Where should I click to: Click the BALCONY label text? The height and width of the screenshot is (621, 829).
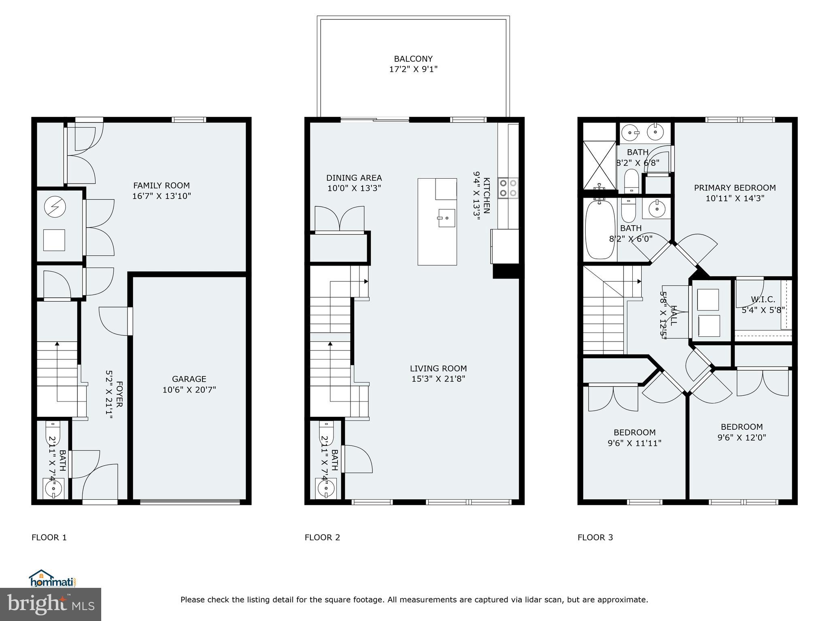pyautogui.click(x=413, y=59)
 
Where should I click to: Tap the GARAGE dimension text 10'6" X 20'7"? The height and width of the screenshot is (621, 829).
pyautogui.click(x=189, y=390)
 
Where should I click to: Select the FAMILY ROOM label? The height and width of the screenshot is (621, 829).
pyautogui.click(x=162, y=186)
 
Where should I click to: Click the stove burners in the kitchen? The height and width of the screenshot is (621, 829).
pyautogui.click(x=508, y=188)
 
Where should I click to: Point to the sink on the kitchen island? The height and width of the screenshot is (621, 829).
pyautogui.click(x=447, y=218)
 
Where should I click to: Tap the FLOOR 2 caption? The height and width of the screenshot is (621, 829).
pyautogui.click(x=322, y=537)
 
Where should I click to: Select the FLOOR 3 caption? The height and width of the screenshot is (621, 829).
pyautogui.click(x=595, y=537)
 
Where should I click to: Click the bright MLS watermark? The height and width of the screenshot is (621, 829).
pyautogui.click(x=50, y=605)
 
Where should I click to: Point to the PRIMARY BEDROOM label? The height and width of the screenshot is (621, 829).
pyautogui.click(x=735, y=188)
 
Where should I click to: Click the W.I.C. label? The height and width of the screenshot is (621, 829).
pyautogui.click(x=763, y=300)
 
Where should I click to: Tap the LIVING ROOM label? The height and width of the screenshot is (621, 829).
pyautogui.click(x=438, y=368)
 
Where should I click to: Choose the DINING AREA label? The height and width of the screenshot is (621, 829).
pyautogui.click(x=354, y=178)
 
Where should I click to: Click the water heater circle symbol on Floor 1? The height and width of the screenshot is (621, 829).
pyautogui.click(x=55, y=208)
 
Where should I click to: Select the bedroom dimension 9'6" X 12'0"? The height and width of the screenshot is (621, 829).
pyautogui.click(x=742, y=437)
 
